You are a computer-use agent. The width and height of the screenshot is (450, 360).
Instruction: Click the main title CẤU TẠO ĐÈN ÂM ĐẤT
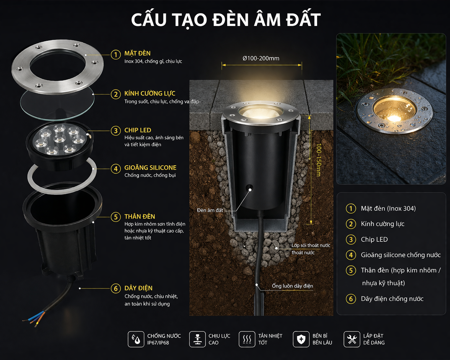click(226, 20)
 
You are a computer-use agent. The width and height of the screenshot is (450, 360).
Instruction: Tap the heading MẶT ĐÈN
click(137, 53)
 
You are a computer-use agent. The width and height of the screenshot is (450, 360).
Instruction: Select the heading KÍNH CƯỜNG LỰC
click(150, 93)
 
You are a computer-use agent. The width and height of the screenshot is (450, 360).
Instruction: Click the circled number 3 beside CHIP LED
click(116, 131)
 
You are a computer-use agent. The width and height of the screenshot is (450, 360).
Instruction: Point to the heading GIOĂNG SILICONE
click(150, 167)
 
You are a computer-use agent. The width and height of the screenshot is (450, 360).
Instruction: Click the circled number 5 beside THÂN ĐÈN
click(116, 217)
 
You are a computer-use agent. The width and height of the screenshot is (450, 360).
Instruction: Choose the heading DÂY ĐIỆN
click(138, 288)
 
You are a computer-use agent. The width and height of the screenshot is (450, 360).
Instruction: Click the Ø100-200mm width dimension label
click(261, 58)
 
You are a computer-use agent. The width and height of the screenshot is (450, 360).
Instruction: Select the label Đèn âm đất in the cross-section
click(210, 210)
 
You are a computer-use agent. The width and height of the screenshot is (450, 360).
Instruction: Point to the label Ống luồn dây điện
click(292, 286)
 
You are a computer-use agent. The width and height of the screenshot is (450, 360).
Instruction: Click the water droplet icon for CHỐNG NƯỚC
click(136, 339)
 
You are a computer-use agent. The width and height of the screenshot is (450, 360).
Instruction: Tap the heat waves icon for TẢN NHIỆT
click(247, 339)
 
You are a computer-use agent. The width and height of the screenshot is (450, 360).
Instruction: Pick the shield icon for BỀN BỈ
click(301, 339)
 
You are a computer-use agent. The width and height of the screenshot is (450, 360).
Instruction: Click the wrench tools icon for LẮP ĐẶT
click(352, 339)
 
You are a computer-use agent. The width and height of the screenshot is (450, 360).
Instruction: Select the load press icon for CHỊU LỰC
click(197, 339)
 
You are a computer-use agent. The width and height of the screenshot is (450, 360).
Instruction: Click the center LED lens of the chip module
click(59, 139)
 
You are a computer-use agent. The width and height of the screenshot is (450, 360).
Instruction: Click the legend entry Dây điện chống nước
click(392, 299)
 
